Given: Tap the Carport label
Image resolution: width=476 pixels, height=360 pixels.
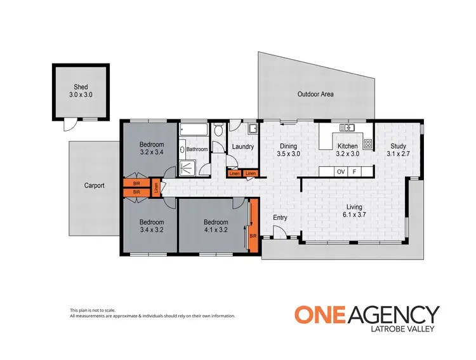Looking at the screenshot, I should click(94, 186).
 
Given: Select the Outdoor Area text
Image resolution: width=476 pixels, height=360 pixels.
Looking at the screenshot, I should click(315, 95).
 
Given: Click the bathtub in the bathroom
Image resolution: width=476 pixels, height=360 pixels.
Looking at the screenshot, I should click(193, 130).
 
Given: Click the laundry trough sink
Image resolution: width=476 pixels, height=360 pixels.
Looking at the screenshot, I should click(251, 130).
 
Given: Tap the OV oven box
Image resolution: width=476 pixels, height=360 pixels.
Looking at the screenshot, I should click(340, 172).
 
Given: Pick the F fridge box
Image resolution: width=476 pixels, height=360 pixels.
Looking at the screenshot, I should click(355, 172).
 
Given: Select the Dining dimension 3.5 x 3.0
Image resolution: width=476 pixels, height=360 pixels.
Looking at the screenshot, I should click(288, 154).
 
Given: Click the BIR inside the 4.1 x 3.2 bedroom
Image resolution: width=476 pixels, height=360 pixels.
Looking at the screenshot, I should click(253, 236).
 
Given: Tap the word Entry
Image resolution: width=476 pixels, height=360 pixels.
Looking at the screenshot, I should click(280, 218).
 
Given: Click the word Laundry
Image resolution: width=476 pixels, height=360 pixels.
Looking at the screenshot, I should click(243, 147).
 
